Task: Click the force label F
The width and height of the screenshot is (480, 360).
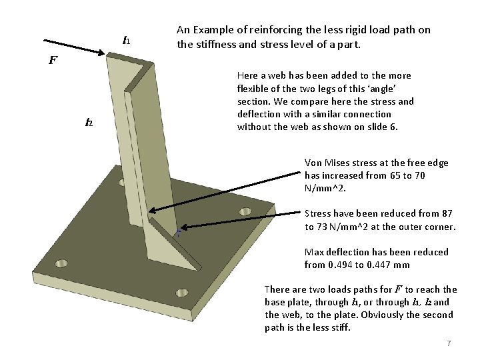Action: [53, 60]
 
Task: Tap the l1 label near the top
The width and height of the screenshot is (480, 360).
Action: [125, 41]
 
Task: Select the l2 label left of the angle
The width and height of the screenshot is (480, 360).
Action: [89, 122]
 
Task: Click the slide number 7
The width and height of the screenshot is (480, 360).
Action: [449, 343]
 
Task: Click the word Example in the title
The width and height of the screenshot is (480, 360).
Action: [228, 30]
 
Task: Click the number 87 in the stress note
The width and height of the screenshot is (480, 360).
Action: [446, 214]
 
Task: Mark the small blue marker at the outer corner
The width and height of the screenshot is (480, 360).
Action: [178, 233]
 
